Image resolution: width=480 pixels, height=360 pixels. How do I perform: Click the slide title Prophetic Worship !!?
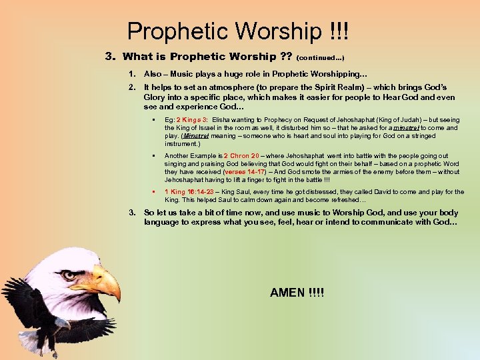238,31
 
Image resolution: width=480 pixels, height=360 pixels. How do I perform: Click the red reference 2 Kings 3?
193,119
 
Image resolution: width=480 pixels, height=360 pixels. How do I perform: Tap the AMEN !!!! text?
297,293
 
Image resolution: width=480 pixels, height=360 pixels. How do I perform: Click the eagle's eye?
69,275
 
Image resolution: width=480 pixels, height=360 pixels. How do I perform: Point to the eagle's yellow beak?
107,283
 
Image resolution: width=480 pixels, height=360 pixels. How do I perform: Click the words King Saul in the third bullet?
243,192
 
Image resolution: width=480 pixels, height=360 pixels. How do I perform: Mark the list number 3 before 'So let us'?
131,213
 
